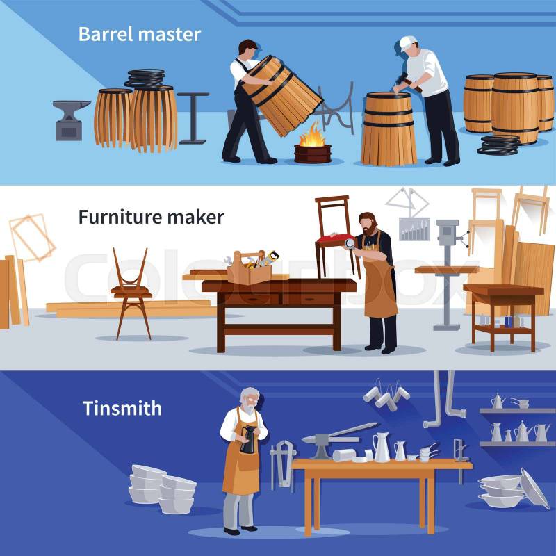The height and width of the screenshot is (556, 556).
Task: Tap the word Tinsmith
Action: tap(122, 409)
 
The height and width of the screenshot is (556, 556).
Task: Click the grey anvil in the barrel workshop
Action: tap(72, 120)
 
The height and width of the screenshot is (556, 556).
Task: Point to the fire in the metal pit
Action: tap(311, 135)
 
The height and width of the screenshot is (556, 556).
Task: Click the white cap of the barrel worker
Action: tap(407, 42)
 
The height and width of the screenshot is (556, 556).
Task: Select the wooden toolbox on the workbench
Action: tap(250, 268)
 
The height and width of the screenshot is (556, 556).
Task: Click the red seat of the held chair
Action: tap(335, 239)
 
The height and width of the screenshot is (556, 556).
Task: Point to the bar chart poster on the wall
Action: tap(414, 229)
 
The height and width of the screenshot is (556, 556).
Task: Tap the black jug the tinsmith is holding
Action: tap(248, 440)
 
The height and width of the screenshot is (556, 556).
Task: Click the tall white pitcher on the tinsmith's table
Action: tap(382, 448)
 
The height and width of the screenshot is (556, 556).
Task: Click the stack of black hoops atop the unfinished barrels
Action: tap(145, 78)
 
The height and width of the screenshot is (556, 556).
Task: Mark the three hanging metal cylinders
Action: tap(387, 395)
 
